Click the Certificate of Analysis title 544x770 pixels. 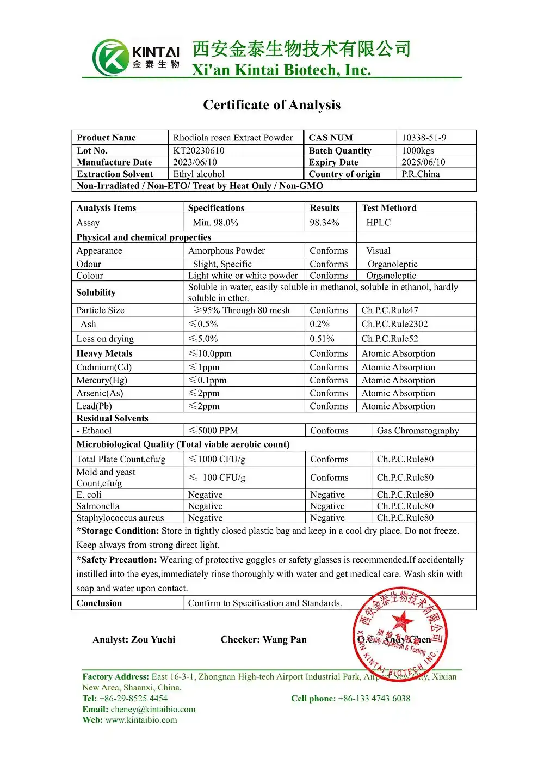point(271,105)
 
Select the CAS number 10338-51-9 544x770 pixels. point(424,138)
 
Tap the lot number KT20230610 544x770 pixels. point(199,150)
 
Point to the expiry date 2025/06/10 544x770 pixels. point(423,162)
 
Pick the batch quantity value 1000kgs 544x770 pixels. point(418,150)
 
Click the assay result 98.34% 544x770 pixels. point(324,223)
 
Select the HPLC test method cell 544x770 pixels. point(378,223)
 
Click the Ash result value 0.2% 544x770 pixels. point(319,324)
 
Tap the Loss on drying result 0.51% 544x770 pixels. point(322,339)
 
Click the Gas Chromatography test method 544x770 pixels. point(418,431)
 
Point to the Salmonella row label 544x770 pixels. point(98,506)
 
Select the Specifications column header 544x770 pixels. point(216,208)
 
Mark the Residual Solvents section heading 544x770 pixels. point(112,418)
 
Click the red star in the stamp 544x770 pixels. point(402,621)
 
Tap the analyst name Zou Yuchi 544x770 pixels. point(153,640)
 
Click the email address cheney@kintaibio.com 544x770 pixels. point(153,710)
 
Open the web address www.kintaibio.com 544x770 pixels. point(141,720)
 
